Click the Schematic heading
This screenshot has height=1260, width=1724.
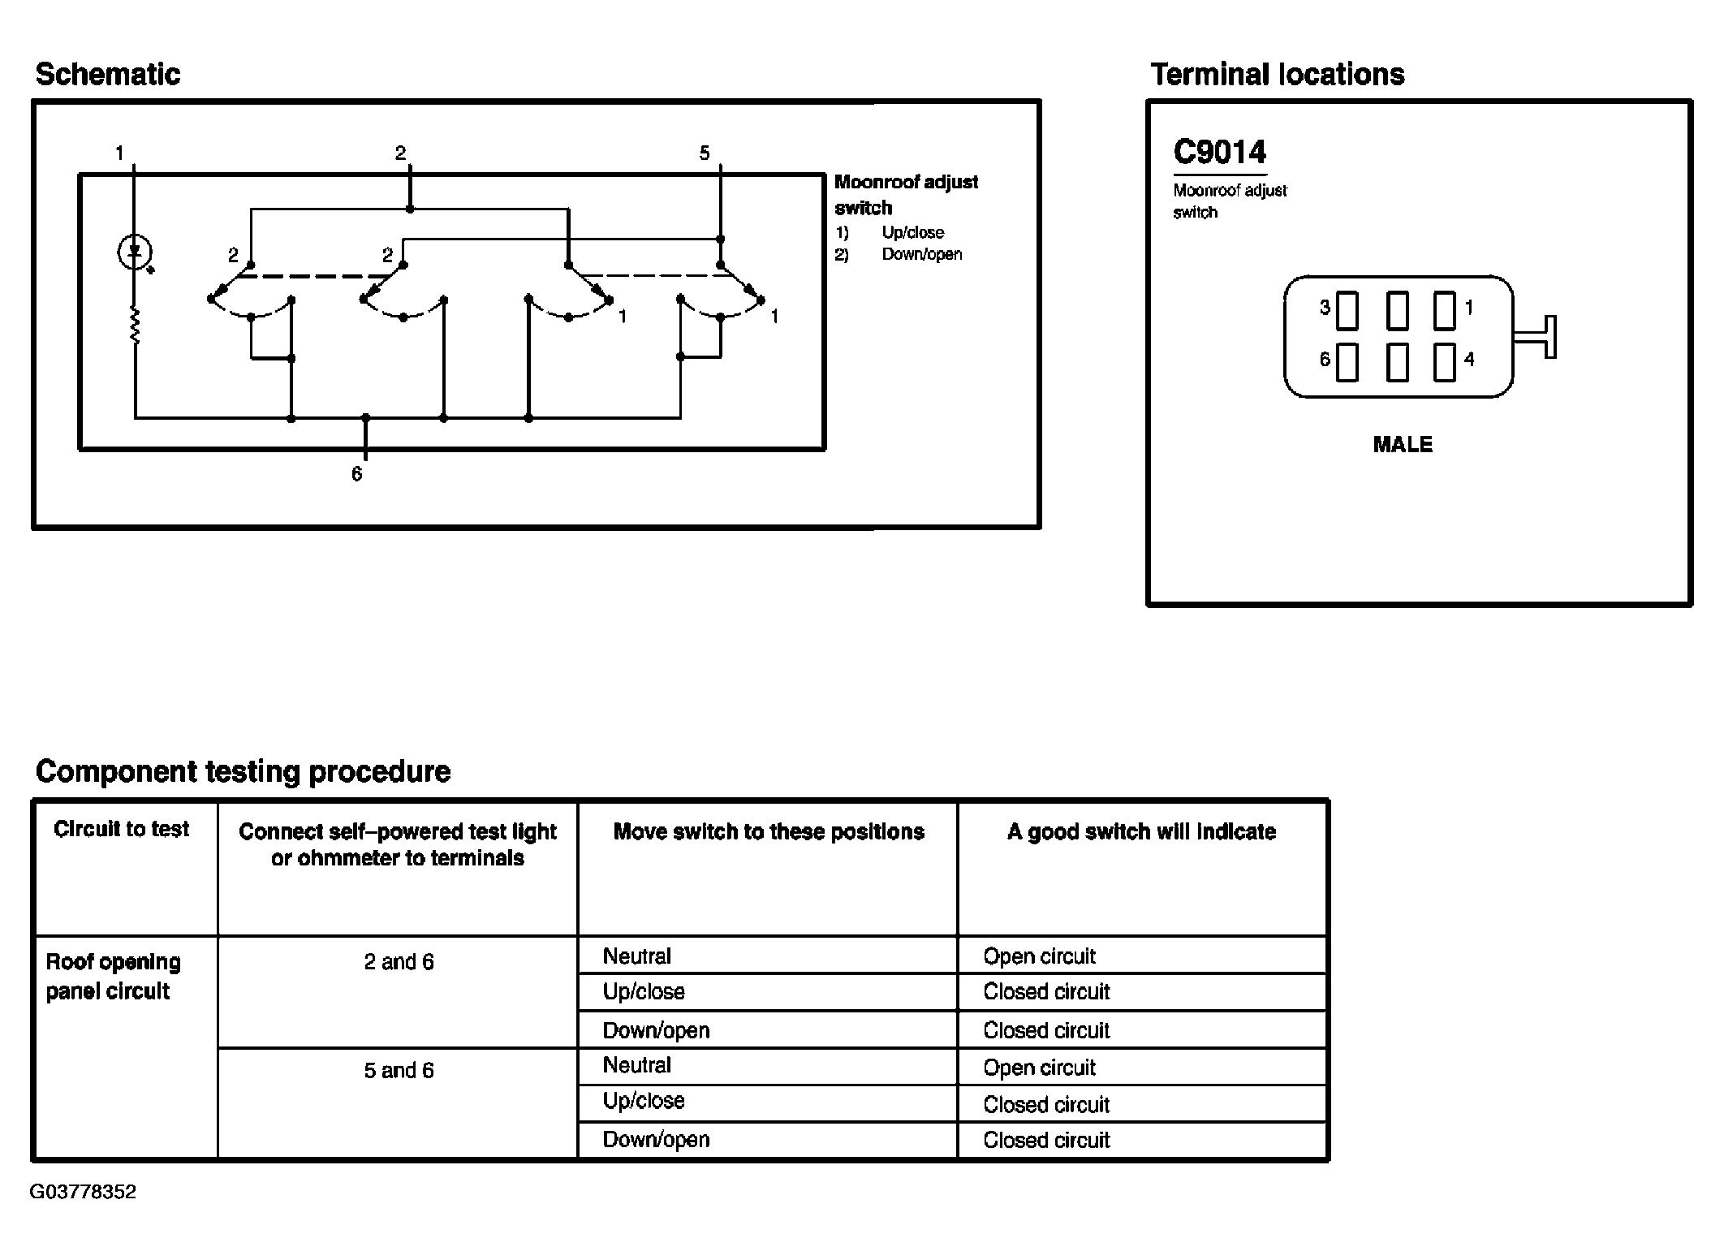(108, 75)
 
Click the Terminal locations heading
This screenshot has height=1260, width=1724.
(1278, 75)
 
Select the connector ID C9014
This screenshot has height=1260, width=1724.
(1219, 152)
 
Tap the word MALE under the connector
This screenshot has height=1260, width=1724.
(1403, 445)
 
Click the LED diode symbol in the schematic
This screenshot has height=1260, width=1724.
(135, 252)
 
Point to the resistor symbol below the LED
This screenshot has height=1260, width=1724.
(135, 326)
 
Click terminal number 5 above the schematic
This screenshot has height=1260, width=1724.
(705, 153)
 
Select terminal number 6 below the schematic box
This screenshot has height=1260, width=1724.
(356, 474)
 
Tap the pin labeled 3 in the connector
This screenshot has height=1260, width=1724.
(1347, 310)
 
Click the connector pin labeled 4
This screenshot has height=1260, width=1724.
(1445, 362)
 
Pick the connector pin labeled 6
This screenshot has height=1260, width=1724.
(1347, 362)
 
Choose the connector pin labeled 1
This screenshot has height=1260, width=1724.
(1445, 310)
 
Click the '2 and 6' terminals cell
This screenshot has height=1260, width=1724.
(399, 962)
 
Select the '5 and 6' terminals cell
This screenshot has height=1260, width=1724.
(399, 1071)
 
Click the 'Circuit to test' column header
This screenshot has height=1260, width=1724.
(122, 829)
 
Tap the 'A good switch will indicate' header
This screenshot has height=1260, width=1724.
(1141, 831)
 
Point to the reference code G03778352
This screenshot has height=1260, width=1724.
(83, 1192)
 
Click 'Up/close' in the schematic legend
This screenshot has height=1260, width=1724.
(913, 232)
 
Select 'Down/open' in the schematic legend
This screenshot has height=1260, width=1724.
(922, 254)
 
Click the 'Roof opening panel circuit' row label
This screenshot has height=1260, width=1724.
(113, 977)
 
